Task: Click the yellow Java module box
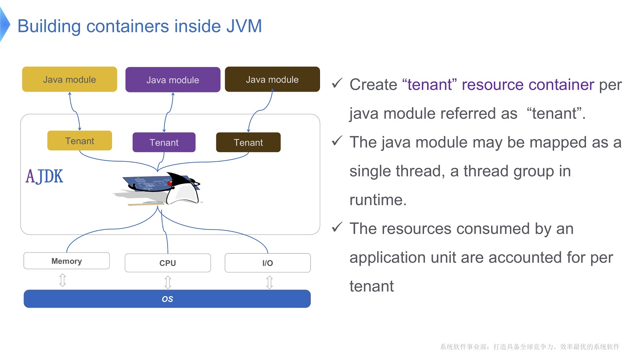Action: [x=70, y=79]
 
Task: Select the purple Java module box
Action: [x=173, y=80]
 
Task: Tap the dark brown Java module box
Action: [x=272, y=79]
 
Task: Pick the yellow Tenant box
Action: [x=80, y=141]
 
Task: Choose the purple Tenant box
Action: [x=164, y=142]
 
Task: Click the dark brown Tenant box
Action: [x=248, y=142]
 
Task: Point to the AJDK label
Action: [x=44, y=176]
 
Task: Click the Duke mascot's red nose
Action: [x=170, y=183]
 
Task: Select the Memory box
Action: [x=66, y=261]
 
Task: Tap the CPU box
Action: [x=168, y=263]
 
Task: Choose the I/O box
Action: [x=268, y=263]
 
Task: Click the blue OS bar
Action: [x=167, y=299]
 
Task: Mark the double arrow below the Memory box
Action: [x=62, y=280]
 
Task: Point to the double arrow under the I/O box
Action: [x=270, y=282]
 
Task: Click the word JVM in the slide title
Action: [x=244, y=26]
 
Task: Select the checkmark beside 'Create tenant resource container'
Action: [x=337, y=83]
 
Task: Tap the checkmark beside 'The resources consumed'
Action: [x=337, y=227]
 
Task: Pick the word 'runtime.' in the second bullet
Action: [x=378, y=200]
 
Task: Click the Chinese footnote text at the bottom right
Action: [x=530, y=347]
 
